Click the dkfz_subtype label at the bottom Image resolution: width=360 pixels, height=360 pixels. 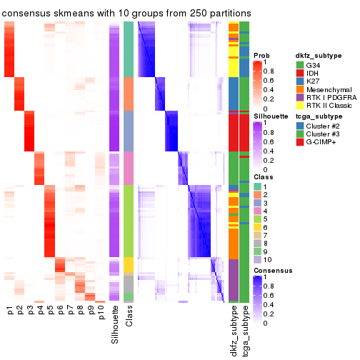point(234,332)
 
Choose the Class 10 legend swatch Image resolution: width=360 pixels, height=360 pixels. point(258,269)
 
